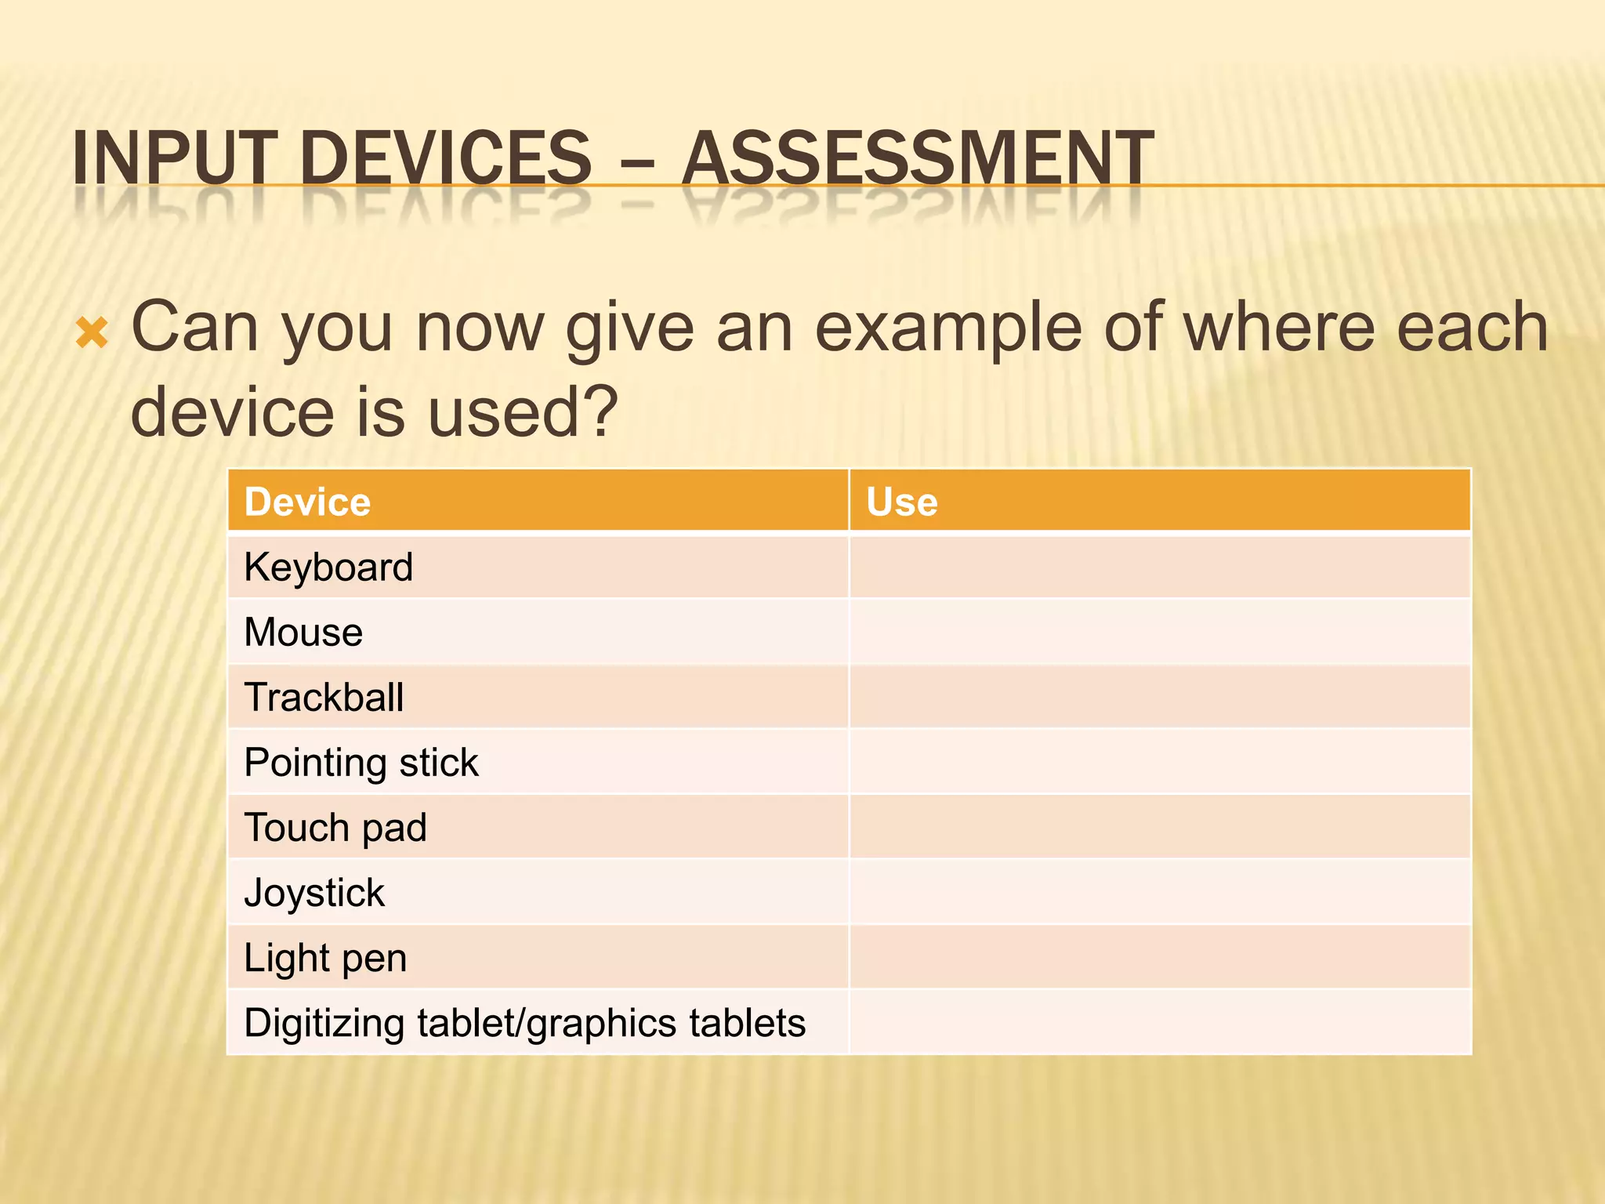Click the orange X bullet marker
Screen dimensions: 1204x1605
[92, 333]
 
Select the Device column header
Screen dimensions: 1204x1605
[307, 502]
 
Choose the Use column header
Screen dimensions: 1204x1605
[901, 502]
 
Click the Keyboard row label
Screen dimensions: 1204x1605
[328, 567]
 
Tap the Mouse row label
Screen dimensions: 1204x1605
[303, 632]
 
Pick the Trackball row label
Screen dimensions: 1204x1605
[324, 697]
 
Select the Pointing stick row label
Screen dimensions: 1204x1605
[361, 763]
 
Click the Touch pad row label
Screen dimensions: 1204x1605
[335, 828]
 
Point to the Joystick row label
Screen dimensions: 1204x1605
[314, 893]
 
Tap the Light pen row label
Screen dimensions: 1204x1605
[325, 958]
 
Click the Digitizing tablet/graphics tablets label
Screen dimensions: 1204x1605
[524, 1023]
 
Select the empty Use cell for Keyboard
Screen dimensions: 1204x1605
[1160, 567]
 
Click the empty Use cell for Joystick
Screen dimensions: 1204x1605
[1160, 893]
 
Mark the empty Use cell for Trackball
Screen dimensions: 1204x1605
[1160, 697]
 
